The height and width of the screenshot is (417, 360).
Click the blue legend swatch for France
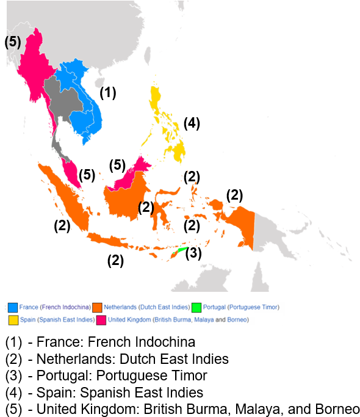pos(13,307)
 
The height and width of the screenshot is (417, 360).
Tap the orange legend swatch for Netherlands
pos(96,307)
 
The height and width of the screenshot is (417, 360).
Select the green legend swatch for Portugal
pos(196,307)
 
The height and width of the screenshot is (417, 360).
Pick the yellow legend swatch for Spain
pos(13,320)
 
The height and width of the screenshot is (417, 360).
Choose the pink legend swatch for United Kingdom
pos(101,320)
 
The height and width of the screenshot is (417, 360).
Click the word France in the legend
pos(29,307)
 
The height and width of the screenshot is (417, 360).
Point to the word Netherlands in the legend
pos(120,307)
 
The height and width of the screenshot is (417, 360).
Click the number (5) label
pos(13,42)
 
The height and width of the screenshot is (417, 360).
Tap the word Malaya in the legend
pos(204,320)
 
